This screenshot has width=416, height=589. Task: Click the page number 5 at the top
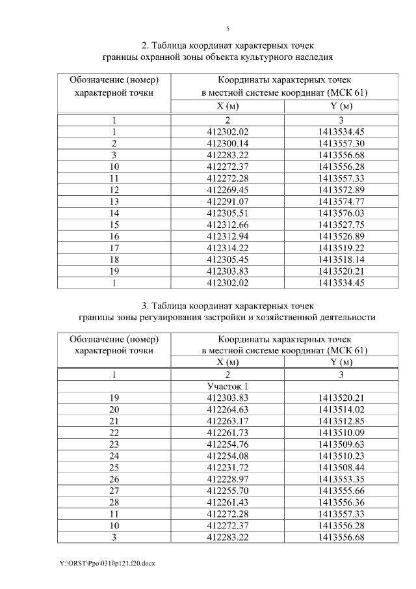[x=227, y=29]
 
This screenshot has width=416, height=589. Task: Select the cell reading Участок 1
[x=227, y=386]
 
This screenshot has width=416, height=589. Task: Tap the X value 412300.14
[x=227, y=143]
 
